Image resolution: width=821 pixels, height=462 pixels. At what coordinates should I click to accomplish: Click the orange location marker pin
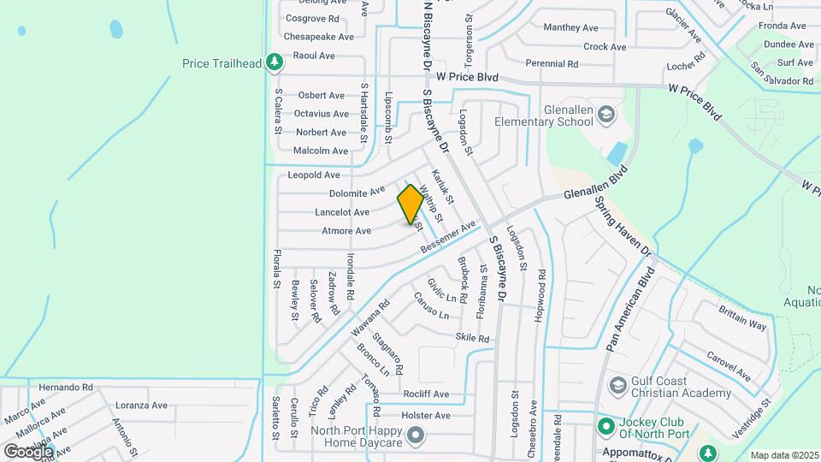tap(410, 204)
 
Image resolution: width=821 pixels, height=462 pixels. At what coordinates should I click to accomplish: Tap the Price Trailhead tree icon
tap(274, 62)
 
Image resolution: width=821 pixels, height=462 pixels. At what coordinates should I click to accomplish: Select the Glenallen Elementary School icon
tap(605, 115)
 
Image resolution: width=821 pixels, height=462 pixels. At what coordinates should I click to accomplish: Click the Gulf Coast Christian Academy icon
tap(617, 387)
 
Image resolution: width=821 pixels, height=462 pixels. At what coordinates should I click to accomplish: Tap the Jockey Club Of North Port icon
tap(606, 424)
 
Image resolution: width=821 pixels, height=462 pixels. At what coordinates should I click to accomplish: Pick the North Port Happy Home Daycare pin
tap(416, 436)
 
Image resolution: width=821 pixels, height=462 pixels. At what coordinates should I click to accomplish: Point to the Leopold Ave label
tap(314, 175)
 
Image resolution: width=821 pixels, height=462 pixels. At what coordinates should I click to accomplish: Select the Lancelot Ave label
tap(342, 212)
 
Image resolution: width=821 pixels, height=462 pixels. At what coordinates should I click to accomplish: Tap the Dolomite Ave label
tap(357, 193)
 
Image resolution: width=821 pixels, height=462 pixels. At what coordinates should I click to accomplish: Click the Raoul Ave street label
tap(314, 56)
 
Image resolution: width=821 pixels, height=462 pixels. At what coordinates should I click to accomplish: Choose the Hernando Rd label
tap(66, 388)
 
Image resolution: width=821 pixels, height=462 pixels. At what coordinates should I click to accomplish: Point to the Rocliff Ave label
tap(427, 394)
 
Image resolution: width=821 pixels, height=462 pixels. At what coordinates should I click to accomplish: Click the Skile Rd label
tap(472, 339)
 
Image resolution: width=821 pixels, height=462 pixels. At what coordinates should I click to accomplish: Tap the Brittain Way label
tap(742, 317)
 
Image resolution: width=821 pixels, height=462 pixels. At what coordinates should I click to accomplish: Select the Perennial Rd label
tap(552, 64)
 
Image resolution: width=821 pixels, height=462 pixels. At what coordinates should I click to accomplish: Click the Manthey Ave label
tap(570, 28)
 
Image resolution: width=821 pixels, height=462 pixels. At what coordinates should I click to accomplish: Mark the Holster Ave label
tap(428, 416)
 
